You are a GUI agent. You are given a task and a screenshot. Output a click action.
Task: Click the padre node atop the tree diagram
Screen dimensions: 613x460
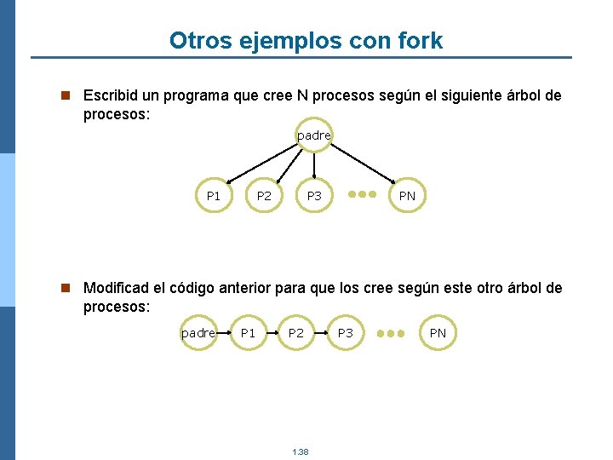coord(314,135)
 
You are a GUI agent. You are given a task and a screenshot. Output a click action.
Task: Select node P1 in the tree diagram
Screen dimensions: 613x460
coord(214,196)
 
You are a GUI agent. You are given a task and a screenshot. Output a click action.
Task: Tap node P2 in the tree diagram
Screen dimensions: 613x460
coord(264,196)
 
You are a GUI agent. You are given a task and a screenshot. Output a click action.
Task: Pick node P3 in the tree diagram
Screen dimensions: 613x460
coord(314,196)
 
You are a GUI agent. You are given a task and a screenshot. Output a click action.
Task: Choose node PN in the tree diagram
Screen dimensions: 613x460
coord(408,196)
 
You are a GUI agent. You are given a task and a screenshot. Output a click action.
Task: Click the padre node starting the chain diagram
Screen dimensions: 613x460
coord(198,333)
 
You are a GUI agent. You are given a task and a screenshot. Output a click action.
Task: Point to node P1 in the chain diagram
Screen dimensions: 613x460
coord(248,333)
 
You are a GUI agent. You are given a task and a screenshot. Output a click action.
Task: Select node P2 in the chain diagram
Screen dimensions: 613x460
coord(295,333)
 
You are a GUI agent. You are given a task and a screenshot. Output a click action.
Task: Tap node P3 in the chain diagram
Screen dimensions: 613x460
coord(345,333)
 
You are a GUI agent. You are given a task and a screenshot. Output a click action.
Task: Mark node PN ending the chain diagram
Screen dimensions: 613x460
coord(438,333)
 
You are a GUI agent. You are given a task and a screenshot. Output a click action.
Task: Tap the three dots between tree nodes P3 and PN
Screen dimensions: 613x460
coord(362,194)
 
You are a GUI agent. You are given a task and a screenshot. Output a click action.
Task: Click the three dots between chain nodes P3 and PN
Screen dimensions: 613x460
coord(391,333)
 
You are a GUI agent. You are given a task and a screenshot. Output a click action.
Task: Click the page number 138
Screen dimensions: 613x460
coord(300,451)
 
